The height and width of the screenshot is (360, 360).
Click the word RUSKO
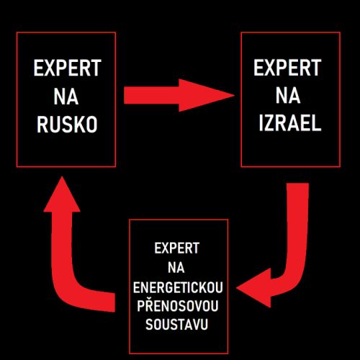(67, 125)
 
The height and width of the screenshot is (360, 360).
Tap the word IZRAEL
(290, 123)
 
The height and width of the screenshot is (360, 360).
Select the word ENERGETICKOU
(178, 287)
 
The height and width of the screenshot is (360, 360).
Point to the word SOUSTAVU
(176, 325)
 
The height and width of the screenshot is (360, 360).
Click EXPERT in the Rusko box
(68, 68)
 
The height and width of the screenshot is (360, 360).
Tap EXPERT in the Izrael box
(287, 68)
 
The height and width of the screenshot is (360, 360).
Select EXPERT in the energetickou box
(177, 248)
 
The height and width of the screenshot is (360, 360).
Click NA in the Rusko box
(66, 96)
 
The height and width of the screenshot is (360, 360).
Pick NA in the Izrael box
(288, 96)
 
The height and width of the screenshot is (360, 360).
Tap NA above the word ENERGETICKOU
(176, 268)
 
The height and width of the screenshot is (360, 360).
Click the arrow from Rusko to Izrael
(179, 95)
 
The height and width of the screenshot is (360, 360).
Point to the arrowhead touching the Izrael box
(207, 95)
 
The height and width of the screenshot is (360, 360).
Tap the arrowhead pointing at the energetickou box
(253, 288)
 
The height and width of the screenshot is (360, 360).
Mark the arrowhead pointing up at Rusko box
(62, 194)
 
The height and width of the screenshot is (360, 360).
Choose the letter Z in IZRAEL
(269, 123)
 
